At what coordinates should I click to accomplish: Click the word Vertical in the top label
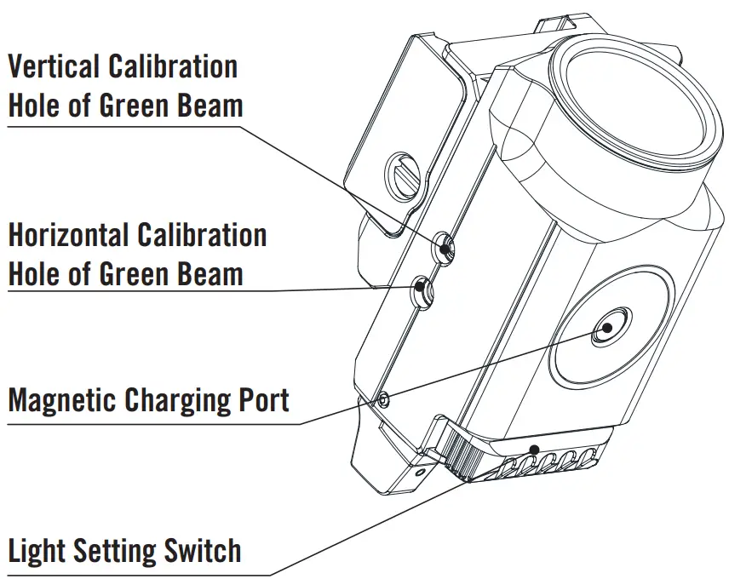[55, 66]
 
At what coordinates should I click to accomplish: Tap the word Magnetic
[62, 399]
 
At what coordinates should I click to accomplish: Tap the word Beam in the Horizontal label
[213, 274]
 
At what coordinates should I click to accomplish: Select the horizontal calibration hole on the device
[423, 291]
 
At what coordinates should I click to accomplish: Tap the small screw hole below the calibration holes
[384, 398]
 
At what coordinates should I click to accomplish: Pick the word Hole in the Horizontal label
[36, 274]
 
